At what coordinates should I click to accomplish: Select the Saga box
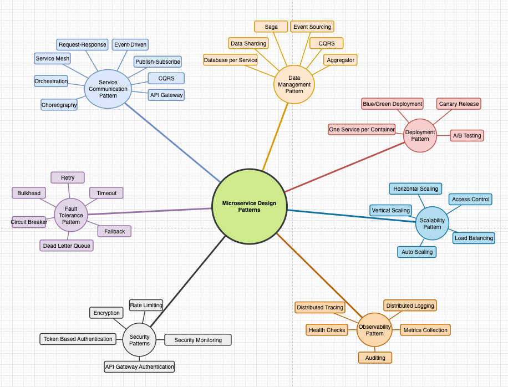pos(271,27)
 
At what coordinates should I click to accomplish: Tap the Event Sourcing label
pos(312,27)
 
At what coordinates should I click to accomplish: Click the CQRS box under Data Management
pos(327,43)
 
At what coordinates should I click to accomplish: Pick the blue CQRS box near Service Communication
pos(166,79)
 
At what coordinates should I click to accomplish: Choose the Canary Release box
pos(459,104)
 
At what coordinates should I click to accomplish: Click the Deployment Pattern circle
pos(420,135)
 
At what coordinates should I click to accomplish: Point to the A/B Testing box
pos(466,135)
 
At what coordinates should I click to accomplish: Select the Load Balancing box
pos(474,238)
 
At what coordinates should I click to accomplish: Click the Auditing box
pos(375,358)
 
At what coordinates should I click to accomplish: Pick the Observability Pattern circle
pos(375,330)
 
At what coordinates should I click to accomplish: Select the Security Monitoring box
pos(198,340)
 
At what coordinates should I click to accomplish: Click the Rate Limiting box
pos(146,305)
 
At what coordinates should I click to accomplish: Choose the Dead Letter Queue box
pos(67,246)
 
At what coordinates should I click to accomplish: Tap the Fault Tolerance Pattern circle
pos(71,215)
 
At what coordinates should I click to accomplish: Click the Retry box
pos(68,177)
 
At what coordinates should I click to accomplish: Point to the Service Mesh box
pos(53,58)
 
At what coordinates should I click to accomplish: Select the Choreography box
pos(59,105)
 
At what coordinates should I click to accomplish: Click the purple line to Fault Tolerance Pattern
pos(150,211)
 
